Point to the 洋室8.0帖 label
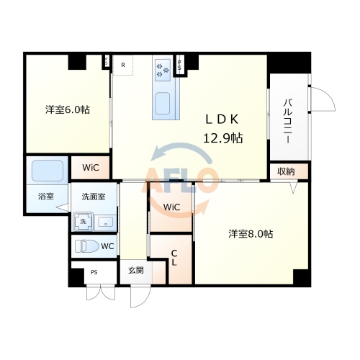coord(251,233)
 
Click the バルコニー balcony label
coord(287,122)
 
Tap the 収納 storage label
coord(286,171)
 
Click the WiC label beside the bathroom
coord(91,168)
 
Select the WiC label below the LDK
coord(171,207)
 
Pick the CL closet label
coord(174,257)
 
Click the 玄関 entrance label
coord(135,270)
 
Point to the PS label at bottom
coord(94,272)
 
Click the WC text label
coord(107,246)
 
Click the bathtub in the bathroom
coord(48,170)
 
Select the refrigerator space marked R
coord(123,65)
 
